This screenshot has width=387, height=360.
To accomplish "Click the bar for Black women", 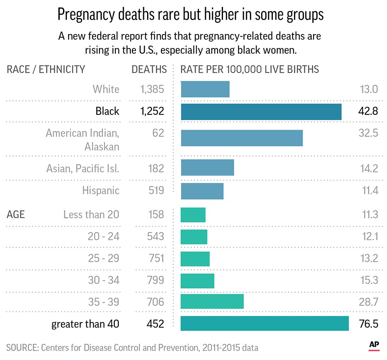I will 261,112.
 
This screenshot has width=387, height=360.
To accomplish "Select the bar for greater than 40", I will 265,323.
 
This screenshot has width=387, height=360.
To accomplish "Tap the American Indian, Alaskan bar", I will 242,138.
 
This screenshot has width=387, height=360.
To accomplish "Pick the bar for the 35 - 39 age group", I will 212,302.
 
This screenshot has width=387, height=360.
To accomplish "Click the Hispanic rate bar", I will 202,191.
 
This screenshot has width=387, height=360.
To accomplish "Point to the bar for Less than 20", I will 193,215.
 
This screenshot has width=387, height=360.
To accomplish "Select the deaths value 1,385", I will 152,90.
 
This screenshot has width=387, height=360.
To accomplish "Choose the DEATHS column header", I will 149,70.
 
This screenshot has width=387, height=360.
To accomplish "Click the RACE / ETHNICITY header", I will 46,70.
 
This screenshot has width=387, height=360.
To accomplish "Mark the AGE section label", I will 16,215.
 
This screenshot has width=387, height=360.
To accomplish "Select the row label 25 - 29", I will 103,258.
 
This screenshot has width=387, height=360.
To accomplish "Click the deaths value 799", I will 156,280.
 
